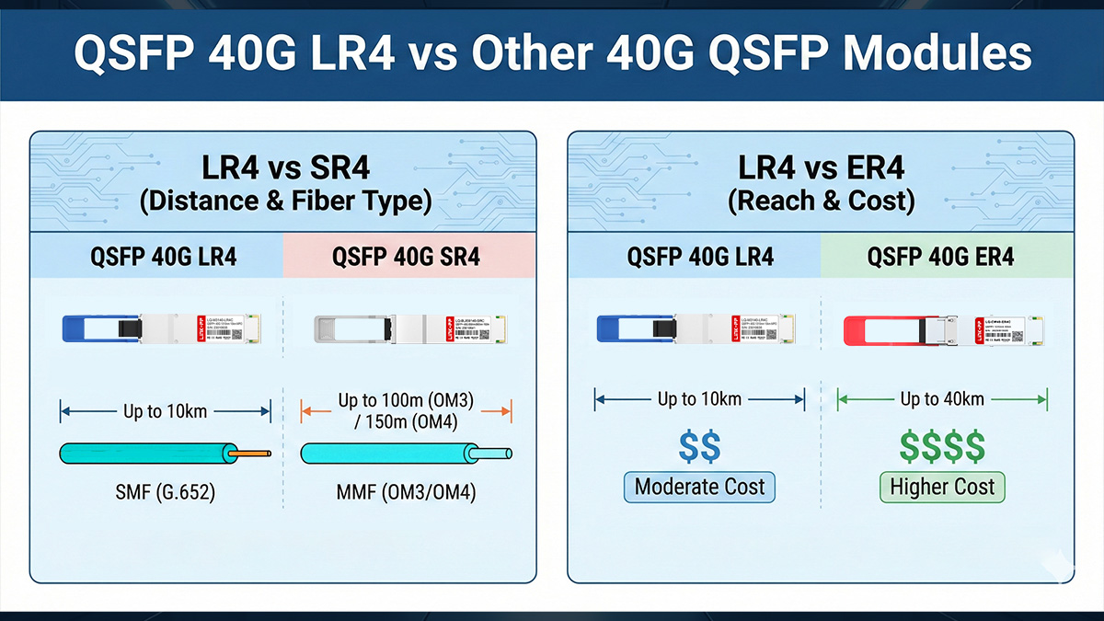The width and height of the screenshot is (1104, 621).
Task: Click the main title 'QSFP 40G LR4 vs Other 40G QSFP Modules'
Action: (552, 52)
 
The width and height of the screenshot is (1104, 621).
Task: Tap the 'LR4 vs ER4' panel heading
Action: (821, 167)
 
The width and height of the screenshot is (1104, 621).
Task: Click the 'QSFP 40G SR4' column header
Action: (408, 256)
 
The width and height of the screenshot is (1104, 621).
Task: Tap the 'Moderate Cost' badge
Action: (700, 487)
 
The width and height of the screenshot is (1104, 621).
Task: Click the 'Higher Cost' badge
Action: (943, 487)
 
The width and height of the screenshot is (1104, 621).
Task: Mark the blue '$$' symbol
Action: (700, 447)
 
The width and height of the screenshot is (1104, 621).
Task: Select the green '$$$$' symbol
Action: (943, 447)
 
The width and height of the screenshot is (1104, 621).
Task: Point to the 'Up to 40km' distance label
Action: (942, 398)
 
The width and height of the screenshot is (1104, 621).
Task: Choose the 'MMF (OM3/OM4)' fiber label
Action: (408, 493)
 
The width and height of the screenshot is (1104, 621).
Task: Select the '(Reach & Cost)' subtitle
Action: (821, 201)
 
